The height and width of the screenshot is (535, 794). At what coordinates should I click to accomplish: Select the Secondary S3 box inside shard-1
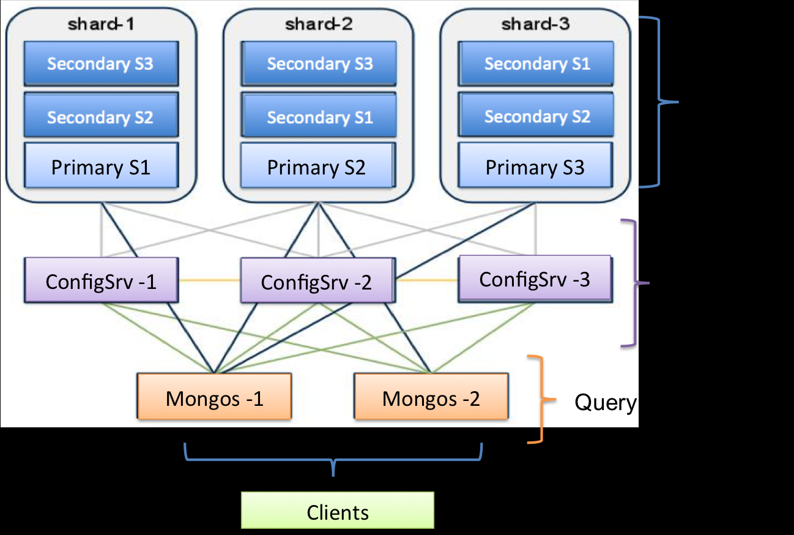[101, 64]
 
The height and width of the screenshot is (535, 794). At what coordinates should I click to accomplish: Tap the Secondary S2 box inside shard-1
[101, 116]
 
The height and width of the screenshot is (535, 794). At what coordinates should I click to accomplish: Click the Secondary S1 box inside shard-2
[317, 116]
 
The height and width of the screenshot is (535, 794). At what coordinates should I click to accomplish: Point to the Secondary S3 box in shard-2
[317, 64]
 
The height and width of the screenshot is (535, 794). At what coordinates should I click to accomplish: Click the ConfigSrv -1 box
[101, 281]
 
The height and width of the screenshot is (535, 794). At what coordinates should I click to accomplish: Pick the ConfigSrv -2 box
[317, 281]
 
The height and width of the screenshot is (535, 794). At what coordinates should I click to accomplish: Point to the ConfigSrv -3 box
[535, 279]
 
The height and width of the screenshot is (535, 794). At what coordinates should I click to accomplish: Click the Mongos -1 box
[214, 398]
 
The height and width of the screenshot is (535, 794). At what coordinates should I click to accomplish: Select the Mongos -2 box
[431, 398]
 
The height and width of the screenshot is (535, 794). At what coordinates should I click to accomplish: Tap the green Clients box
[338, 511]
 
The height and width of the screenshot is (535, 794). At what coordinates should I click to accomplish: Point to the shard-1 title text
[101, 24]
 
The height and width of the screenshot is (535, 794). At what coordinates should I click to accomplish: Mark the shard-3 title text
[535, 24]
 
